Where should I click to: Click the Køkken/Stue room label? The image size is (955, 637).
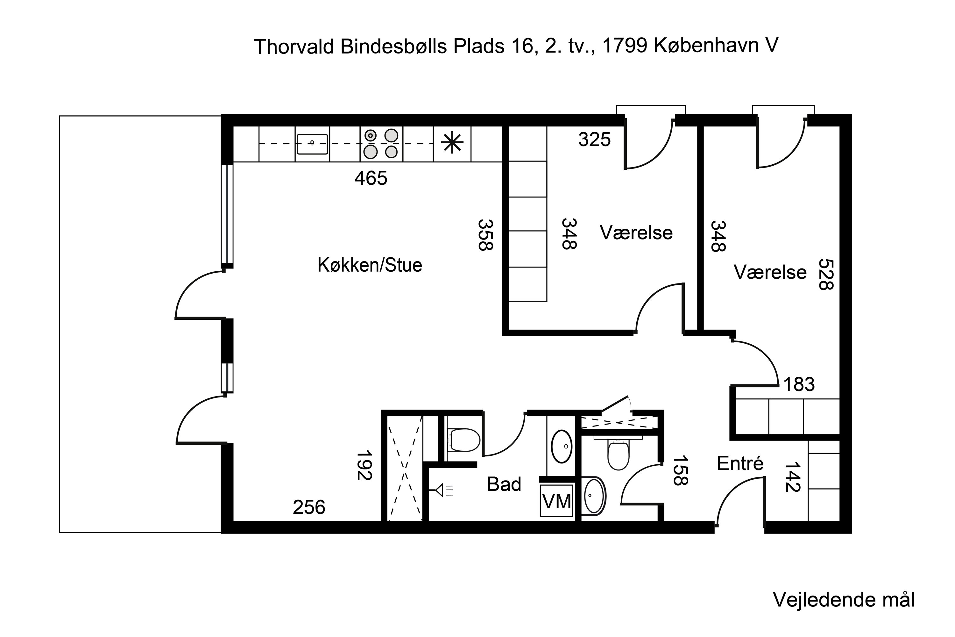(370, 265)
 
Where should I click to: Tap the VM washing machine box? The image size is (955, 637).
(556, 501)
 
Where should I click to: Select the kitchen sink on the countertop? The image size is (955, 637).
(312, 144)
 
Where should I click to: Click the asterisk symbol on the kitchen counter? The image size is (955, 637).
(452, 143)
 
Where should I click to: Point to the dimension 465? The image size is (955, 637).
(371, 178)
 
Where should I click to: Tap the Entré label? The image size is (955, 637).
(740, 463)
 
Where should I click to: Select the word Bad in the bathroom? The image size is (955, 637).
(504, 484)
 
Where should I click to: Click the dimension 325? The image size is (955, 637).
(594, 140)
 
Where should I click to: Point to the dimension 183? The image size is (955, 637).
(799, 384)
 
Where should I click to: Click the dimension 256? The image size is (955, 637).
(309, 507)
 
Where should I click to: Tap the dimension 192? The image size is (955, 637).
(364, 465)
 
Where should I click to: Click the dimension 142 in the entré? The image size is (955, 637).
(792, 476)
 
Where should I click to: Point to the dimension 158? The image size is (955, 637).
(680, 470)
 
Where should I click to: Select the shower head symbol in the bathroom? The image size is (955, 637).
(440, 490)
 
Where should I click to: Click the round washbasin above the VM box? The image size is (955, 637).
(562, 447)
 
